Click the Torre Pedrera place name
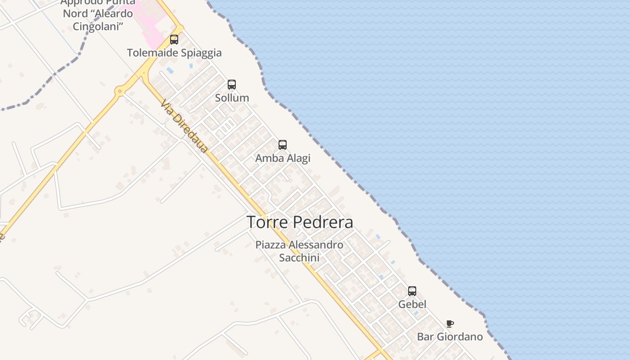pyautogui.click(x=300, y=222)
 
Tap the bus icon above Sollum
pyautogui.click(x=232, y=84)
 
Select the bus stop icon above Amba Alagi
pyautogui.click(x=283, y=144)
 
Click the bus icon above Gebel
pyautogui.click(x=412, y=291)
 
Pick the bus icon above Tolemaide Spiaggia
pyautogui.click(x=174, y=40)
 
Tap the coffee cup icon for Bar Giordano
pyautogui.click(x=450, y=324)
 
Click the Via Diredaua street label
pyautogui.click(x=184, y=126)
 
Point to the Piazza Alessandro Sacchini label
pyautogui.click(x=299, y=251)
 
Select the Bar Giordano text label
pyautogui.click(x=450, y=337)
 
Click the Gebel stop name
pyautogui.click(x=412, y=304)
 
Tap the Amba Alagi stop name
pyautogui.click(x=283, y=158)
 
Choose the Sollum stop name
pyautogui.click(x=232, y=98)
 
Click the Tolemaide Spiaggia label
pyautogui.click(x=174, y=53)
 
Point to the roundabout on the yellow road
pyautogui.click(x=119, y=91)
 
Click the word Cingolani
pyautogui.click(x=98, y=27)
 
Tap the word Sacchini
pyautogui.click(x=299, y=257)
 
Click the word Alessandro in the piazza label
pyautogui.click(x=315, y=245)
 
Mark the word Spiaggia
pyautogui.click(x=200, y=53)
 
